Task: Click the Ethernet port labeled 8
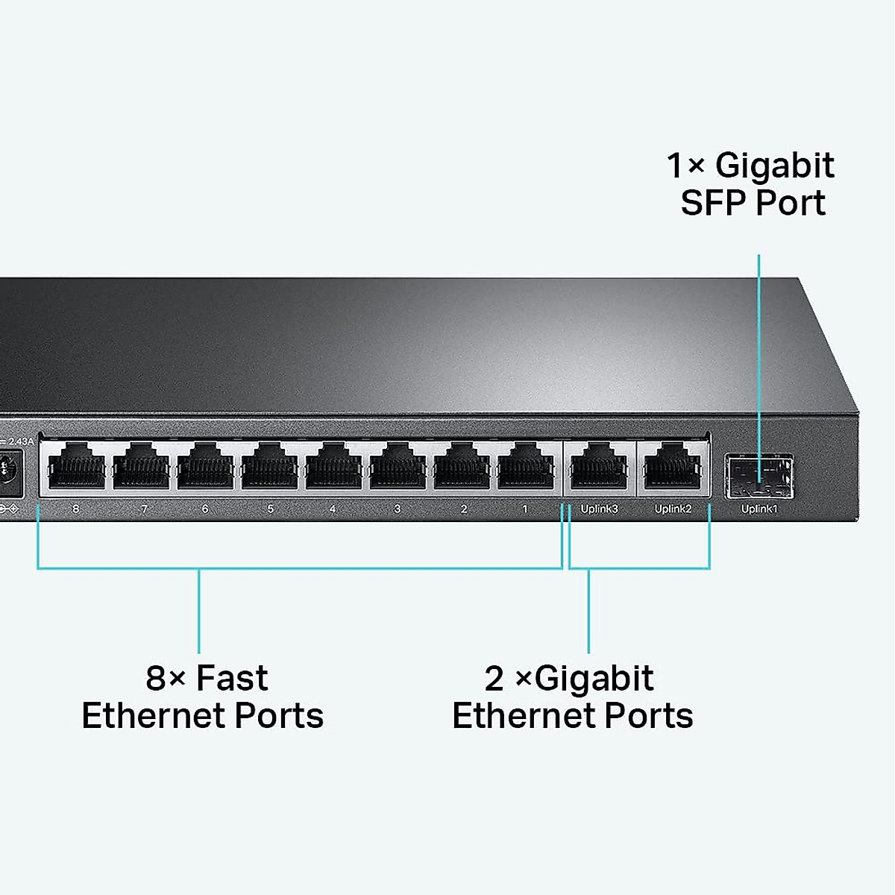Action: (76, 468)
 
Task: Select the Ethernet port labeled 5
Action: (269, 468)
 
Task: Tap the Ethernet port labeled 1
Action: (526, 468)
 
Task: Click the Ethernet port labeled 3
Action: (398, 468)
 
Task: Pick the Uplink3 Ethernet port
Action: (599, 468)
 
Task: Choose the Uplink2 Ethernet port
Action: (673, 468)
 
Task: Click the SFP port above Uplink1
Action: (759, 476)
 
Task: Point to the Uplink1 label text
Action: (759, 509)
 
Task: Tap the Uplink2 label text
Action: (673, 509)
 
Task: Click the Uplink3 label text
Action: (599, 509)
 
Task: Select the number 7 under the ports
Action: (144, 509)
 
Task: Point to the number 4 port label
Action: (333, 509)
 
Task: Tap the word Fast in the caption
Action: (232, 678)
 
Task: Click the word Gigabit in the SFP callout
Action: (774, 166)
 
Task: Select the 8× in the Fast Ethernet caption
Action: (165, 678)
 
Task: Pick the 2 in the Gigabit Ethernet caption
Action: (494, 679)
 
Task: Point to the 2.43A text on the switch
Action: (21, 442)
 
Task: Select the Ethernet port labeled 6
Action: (205, 468)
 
